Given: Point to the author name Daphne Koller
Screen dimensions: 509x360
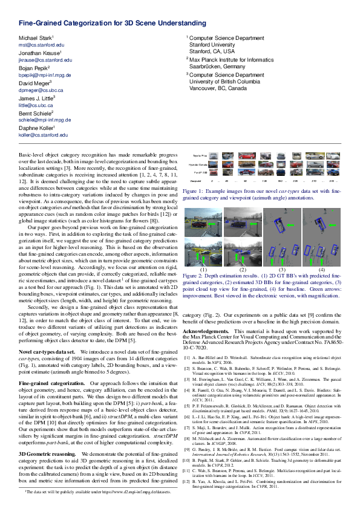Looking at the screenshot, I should click(36, 128).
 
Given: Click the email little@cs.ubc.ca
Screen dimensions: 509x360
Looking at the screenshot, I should click(36, 105).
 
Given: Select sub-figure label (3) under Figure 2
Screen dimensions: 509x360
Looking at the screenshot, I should click(282, 269).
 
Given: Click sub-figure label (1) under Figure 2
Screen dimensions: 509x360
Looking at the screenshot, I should click(203, 269).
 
